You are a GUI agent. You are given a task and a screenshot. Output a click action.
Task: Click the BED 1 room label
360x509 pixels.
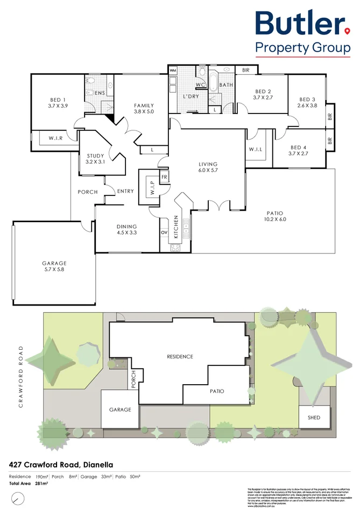pyautogui.click(x=58, y=103)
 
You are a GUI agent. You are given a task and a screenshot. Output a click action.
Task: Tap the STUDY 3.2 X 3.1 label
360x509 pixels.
pyautogui.click(x=95, y=159)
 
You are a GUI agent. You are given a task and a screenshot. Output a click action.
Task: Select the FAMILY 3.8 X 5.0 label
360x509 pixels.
pyautogui.click(x=143, y=109)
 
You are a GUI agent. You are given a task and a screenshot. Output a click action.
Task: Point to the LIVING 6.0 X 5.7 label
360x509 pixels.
pyautogui.click(x=208, y=167)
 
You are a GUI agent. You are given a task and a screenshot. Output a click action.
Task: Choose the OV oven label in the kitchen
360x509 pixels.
pyautogui.click(x=164, y=232)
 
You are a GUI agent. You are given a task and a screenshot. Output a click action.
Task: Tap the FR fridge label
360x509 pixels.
pyautogui.click(x=164, y=176)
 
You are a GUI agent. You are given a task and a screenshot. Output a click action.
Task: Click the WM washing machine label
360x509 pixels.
pyautogui.click(x=173, y=70)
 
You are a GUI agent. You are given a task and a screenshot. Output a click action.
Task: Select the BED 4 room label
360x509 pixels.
pyautogui.click(x=299, y=151)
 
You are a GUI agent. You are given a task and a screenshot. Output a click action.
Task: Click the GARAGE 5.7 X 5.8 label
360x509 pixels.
pyautogui.click(x=54, y=266)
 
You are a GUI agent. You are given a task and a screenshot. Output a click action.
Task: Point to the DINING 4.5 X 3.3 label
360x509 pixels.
pyautogui.click(x=126, y=230)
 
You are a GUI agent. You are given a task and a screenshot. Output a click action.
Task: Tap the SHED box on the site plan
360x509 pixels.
pyautogui.click(x=314, y=418)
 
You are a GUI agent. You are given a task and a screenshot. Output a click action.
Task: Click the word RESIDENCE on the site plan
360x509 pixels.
pyautogui.click(x=180, y=357)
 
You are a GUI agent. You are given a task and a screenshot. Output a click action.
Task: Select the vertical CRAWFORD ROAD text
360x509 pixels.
pyautogui.click(x=21, y=377)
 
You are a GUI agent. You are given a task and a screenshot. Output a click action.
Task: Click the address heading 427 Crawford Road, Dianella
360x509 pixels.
pyautogui.click(x=61, y=463)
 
